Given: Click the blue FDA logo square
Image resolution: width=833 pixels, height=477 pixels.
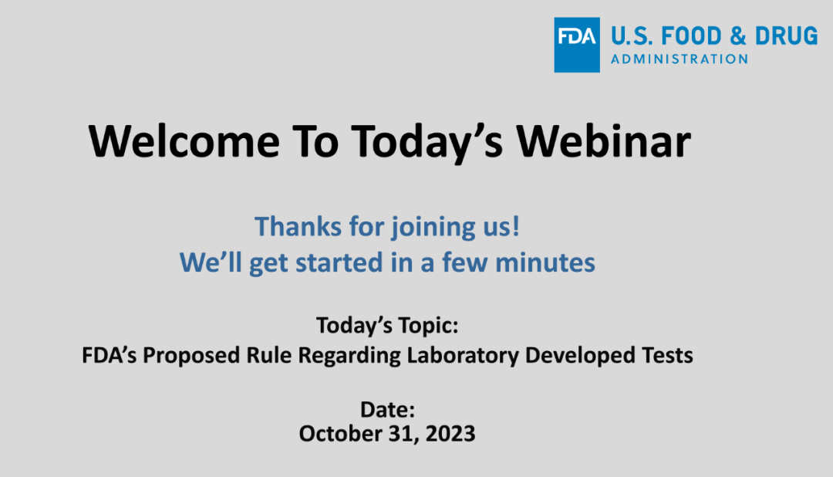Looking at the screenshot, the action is click(x=577, y=45).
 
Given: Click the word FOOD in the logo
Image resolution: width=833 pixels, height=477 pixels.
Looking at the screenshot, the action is click(x=691, y=36).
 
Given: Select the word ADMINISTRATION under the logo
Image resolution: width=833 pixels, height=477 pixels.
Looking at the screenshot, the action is click(x=680, y=59).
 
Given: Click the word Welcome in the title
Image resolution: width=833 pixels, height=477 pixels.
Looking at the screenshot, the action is click(x=184, y=141).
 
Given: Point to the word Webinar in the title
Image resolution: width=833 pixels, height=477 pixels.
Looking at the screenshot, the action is click(x=603, y=141).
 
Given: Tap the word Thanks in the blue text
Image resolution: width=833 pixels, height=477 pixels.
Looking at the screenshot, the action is click(x=298, y=226).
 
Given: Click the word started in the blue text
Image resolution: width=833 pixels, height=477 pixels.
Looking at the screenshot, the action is click(x=339, y=262).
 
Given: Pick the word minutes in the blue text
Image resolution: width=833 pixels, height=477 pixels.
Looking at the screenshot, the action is click(x=545, y=262).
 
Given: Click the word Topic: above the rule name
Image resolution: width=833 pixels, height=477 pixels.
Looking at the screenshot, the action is click(x=427, y=326).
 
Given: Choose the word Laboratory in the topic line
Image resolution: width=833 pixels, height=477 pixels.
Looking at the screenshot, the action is click(x=463, y=356).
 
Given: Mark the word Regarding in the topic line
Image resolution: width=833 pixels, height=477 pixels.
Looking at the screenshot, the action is click(x=349, y=356).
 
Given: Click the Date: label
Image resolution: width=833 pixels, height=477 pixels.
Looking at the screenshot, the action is click(x=387, y=410).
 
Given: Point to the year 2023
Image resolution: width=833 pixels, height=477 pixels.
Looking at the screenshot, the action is click(x=450, y=434).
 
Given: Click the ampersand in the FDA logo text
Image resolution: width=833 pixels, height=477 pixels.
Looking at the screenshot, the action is click(x=738, y=36).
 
